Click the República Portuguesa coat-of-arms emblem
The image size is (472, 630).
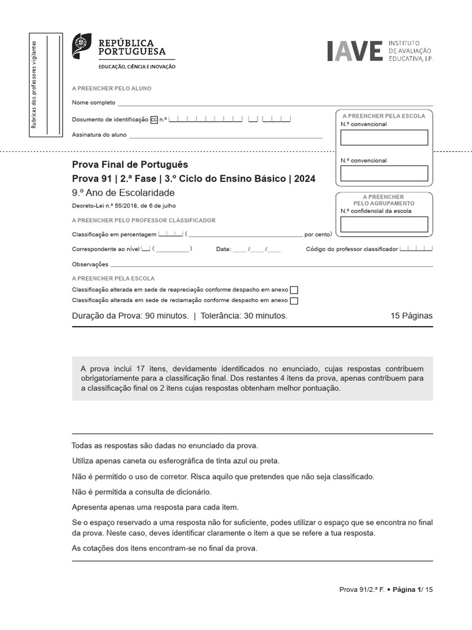click(82, 46)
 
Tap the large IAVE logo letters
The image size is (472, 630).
click(355, 52)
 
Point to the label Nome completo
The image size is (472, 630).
click(93, 103)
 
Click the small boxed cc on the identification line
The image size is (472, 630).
click(154, 120)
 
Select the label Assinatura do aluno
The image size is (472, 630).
click(99, 135)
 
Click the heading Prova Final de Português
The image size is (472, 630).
click(130, 165)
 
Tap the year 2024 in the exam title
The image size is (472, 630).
click(304, 179)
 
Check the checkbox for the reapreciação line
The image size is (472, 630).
click(294, 290)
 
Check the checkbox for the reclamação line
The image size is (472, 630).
click(294, 301)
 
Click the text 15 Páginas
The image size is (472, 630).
click(411, 316)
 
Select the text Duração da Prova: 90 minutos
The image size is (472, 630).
click(130, 316)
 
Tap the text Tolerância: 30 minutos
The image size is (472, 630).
click(244, 316)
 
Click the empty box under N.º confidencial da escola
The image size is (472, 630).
click(384, 225)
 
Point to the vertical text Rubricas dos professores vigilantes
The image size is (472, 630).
click(34, 85)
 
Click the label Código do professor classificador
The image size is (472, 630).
click(352, 249)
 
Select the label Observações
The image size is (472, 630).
click(90, 265)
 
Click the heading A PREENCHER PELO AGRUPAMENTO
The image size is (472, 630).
click(384, 200)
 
